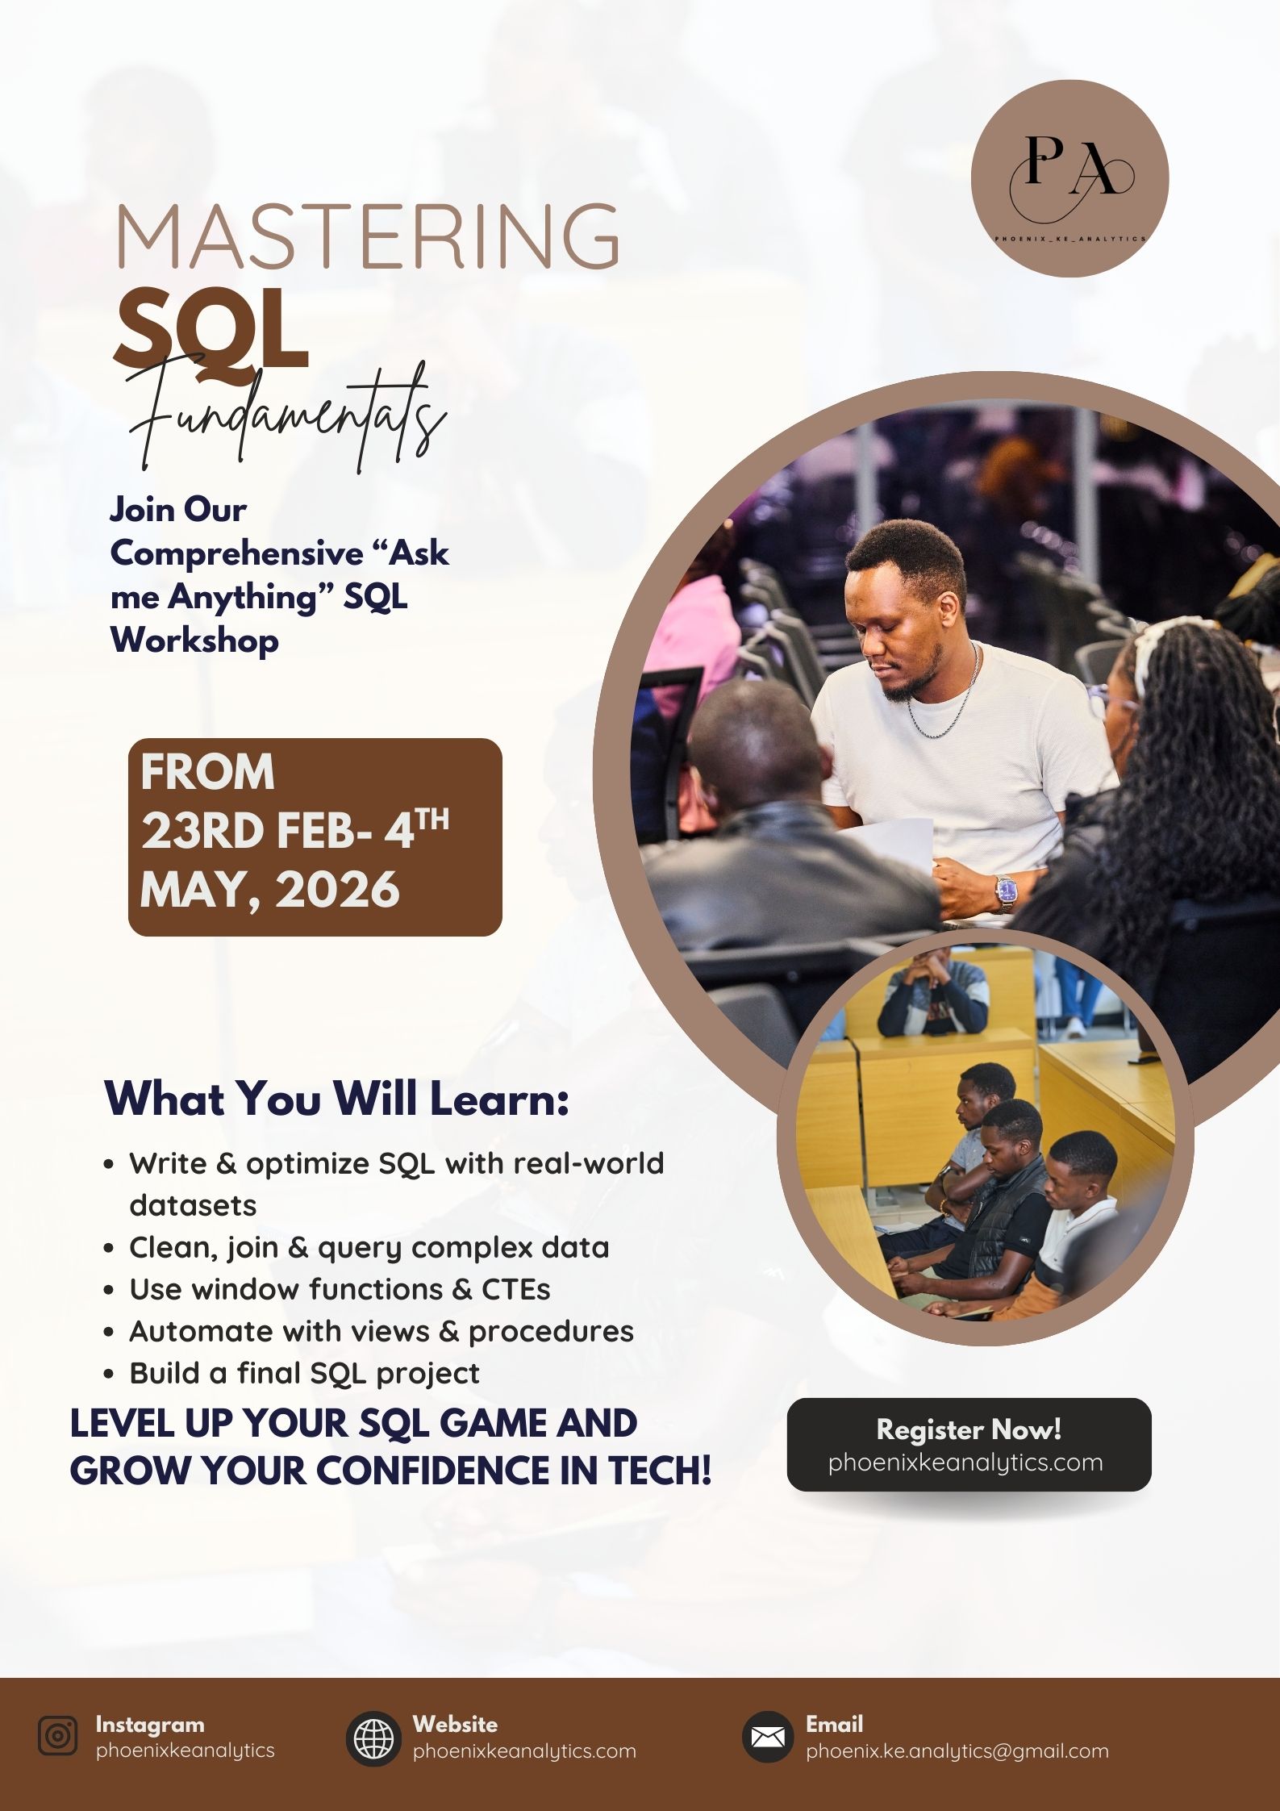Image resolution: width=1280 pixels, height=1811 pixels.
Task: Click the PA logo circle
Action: (x=1069, y=178)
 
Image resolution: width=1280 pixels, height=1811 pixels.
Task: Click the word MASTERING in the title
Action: (x=368, y=236)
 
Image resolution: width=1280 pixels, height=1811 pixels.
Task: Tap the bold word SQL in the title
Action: (x=211, y=330)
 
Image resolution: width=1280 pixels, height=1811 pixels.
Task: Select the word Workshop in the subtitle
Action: (x=194, y=641)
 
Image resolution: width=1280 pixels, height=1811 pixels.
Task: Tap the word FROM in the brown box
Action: (x=207, y=772)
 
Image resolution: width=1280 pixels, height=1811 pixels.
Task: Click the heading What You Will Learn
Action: (x=337, y=1099)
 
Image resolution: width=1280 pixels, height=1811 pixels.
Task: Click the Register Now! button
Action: (x=969, y=1445)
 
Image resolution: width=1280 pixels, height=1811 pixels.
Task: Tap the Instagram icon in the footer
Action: (x=58, y=1736)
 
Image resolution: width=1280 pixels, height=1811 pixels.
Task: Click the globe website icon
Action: (x=373, y=1738)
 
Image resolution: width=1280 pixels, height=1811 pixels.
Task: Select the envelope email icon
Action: (x=767, y=1736)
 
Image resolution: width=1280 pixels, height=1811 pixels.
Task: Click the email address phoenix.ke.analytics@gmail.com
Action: (x=957, y=1751)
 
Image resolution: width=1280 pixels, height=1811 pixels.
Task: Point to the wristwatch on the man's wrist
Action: (x=1005, y=893)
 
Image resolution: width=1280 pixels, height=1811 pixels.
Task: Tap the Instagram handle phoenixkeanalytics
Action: (x=185, y=1750)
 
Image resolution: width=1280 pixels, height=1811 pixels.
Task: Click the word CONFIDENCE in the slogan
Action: (x=434, y=1470)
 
